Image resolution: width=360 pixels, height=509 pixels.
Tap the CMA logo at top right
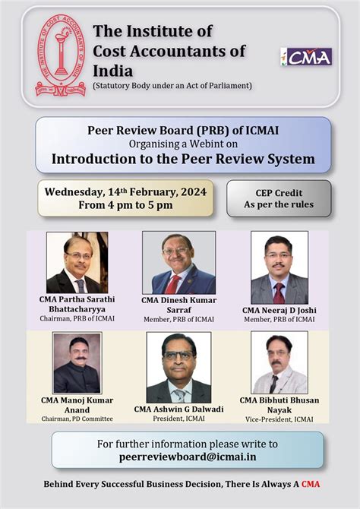pyautogui.click(x=306, y=56)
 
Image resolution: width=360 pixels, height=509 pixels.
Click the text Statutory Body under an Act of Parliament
pyautogui.click(x=172, y=84)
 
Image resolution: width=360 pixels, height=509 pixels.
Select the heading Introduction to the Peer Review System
pyautogui.click(x=182, y=160)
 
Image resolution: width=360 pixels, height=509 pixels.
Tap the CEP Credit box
pyautogui.click(x=279, y=198)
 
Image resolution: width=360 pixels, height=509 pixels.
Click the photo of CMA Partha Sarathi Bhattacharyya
pyautogui.click(x=77, y=262)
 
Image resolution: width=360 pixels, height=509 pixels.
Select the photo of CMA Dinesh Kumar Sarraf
pyautogui.click(x=178, y=263)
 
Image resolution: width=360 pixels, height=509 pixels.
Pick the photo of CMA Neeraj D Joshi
pyautogui.click(x=279, y=267)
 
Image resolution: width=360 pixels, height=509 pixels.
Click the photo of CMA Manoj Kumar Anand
pyautogui.click(x=77, y=362)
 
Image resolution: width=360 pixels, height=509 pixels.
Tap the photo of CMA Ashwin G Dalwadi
pyautogui.click(x=178, y=368)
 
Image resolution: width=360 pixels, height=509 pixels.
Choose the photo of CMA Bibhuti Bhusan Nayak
pyautogui.click(x=279, y=362)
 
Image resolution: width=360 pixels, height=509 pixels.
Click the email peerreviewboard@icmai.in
pyautogui.click(x=187, y=457)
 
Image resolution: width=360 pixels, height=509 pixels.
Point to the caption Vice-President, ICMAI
pyautogui.click(x=279, y=419)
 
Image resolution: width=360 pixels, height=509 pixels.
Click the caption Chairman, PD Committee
pyautogui.click(x=77, y=419)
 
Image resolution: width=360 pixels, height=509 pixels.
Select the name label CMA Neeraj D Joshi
pyautogui.click(x=279, y=310)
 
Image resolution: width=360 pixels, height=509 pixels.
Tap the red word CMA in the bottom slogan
pyautogui.click(x=310, y=483)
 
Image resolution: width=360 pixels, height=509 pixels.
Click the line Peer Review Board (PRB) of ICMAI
pyautogui.click(x=183, y=131)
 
